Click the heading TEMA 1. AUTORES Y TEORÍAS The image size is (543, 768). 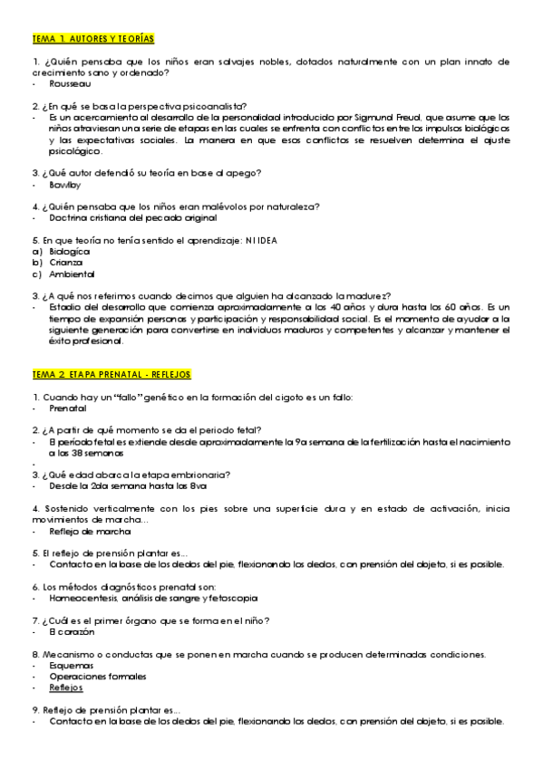click(92, 38)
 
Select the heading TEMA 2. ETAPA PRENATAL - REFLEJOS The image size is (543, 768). click(117, 374)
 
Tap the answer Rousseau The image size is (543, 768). click(70, 83)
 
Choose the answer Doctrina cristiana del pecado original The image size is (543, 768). click(132, 218)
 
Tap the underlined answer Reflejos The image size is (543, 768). click(66, 687)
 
